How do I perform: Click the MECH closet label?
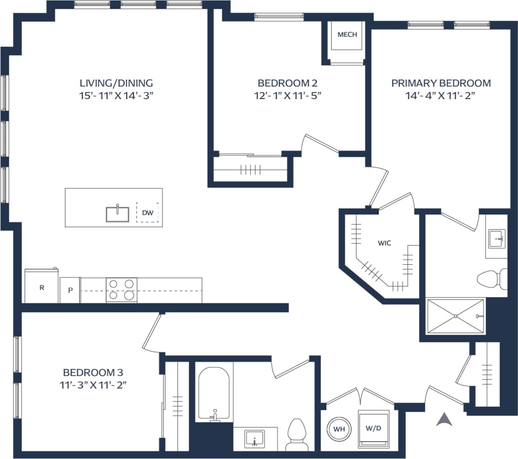point(347,35)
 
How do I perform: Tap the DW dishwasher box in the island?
point(147,213)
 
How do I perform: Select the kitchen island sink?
point(118,214)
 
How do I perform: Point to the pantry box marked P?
point(70,290)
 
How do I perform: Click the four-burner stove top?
point(122,290)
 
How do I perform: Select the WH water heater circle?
point(339,429)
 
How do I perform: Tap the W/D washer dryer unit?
point(373,429)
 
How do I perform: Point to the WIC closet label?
point(384,243)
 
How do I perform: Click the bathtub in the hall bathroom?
point(214,394)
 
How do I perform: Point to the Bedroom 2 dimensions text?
point(287,96)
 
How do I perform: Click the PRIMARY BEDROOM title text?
point(441,83)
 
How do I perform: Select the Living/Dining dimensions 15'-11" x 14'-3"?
point(116,96)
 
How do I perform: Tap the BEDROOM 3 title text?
point(93,373)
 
